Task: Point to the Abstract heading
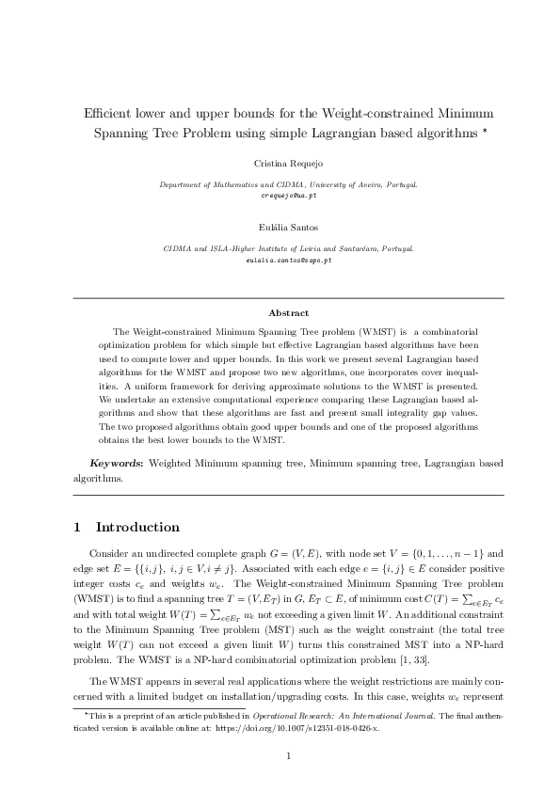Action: click(288, 312)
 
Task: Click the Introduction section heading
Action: click(137, 527)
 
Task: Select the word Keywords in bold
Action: click(116, 464)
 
